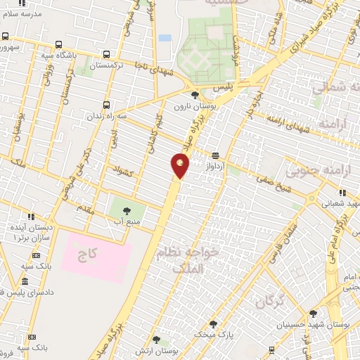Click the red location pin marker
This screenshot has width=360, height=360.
coord(181,165)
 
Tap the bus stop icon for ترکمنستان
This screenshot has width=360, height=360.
coord(106,54)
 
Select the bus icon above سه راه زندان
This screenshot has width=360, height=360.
coord(106,105)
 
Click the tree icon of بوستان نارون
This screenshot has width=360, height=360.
coord(195,94)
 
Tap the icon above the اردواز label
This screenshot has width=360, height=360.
coord(215,155)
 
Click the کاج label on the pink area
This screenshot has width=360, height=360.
coord(96,252)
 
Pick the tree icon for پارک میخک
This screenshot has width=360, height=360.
coord(213,324)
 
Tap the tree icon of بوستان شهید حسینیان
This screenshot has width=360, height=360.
coord(313,314)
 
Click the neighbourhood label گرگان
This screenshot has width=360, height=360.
coord(269,302)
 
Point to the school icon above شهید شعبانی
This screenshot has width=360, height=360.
coord(342,193)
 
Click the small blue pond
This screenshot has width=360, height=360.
coord(165,38)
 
